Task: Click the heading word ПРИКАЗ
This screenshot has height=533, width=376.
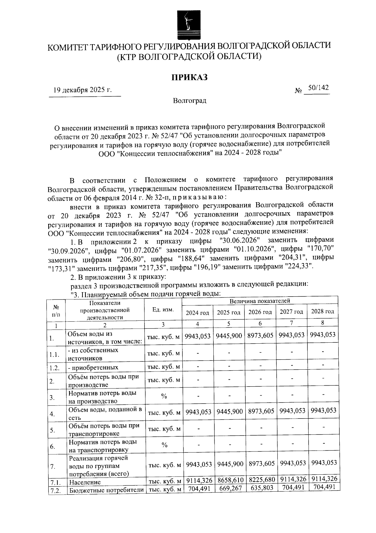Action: click(x=189, y=77)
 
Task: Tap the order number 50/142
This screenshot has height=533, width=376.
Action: click(x=318, y=88)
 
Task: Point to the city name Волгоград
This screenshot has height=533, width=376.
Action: click(x=190, y=101)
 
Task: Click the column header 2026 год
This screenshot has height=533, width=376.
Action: click(x=260, y=312)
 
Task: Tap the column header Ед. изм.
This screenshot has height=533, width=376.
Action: click(x=163, y=309)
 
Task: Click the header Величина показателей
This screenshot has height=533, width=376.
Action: click(x=260, y=301)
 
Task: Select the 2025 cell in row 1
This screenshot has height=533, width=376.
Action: click(x=229, y=335)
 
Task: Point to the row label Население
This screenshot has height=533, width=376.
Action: click(x=85, y=482)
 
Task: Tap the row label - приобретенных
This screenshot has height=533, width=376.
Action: click(x=93, y=367)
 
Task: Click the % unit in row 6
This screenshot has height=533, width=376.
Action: click(x=164, y=445)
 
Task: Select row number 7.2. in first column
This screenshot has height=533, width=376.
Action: click(x=55, y=490)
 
